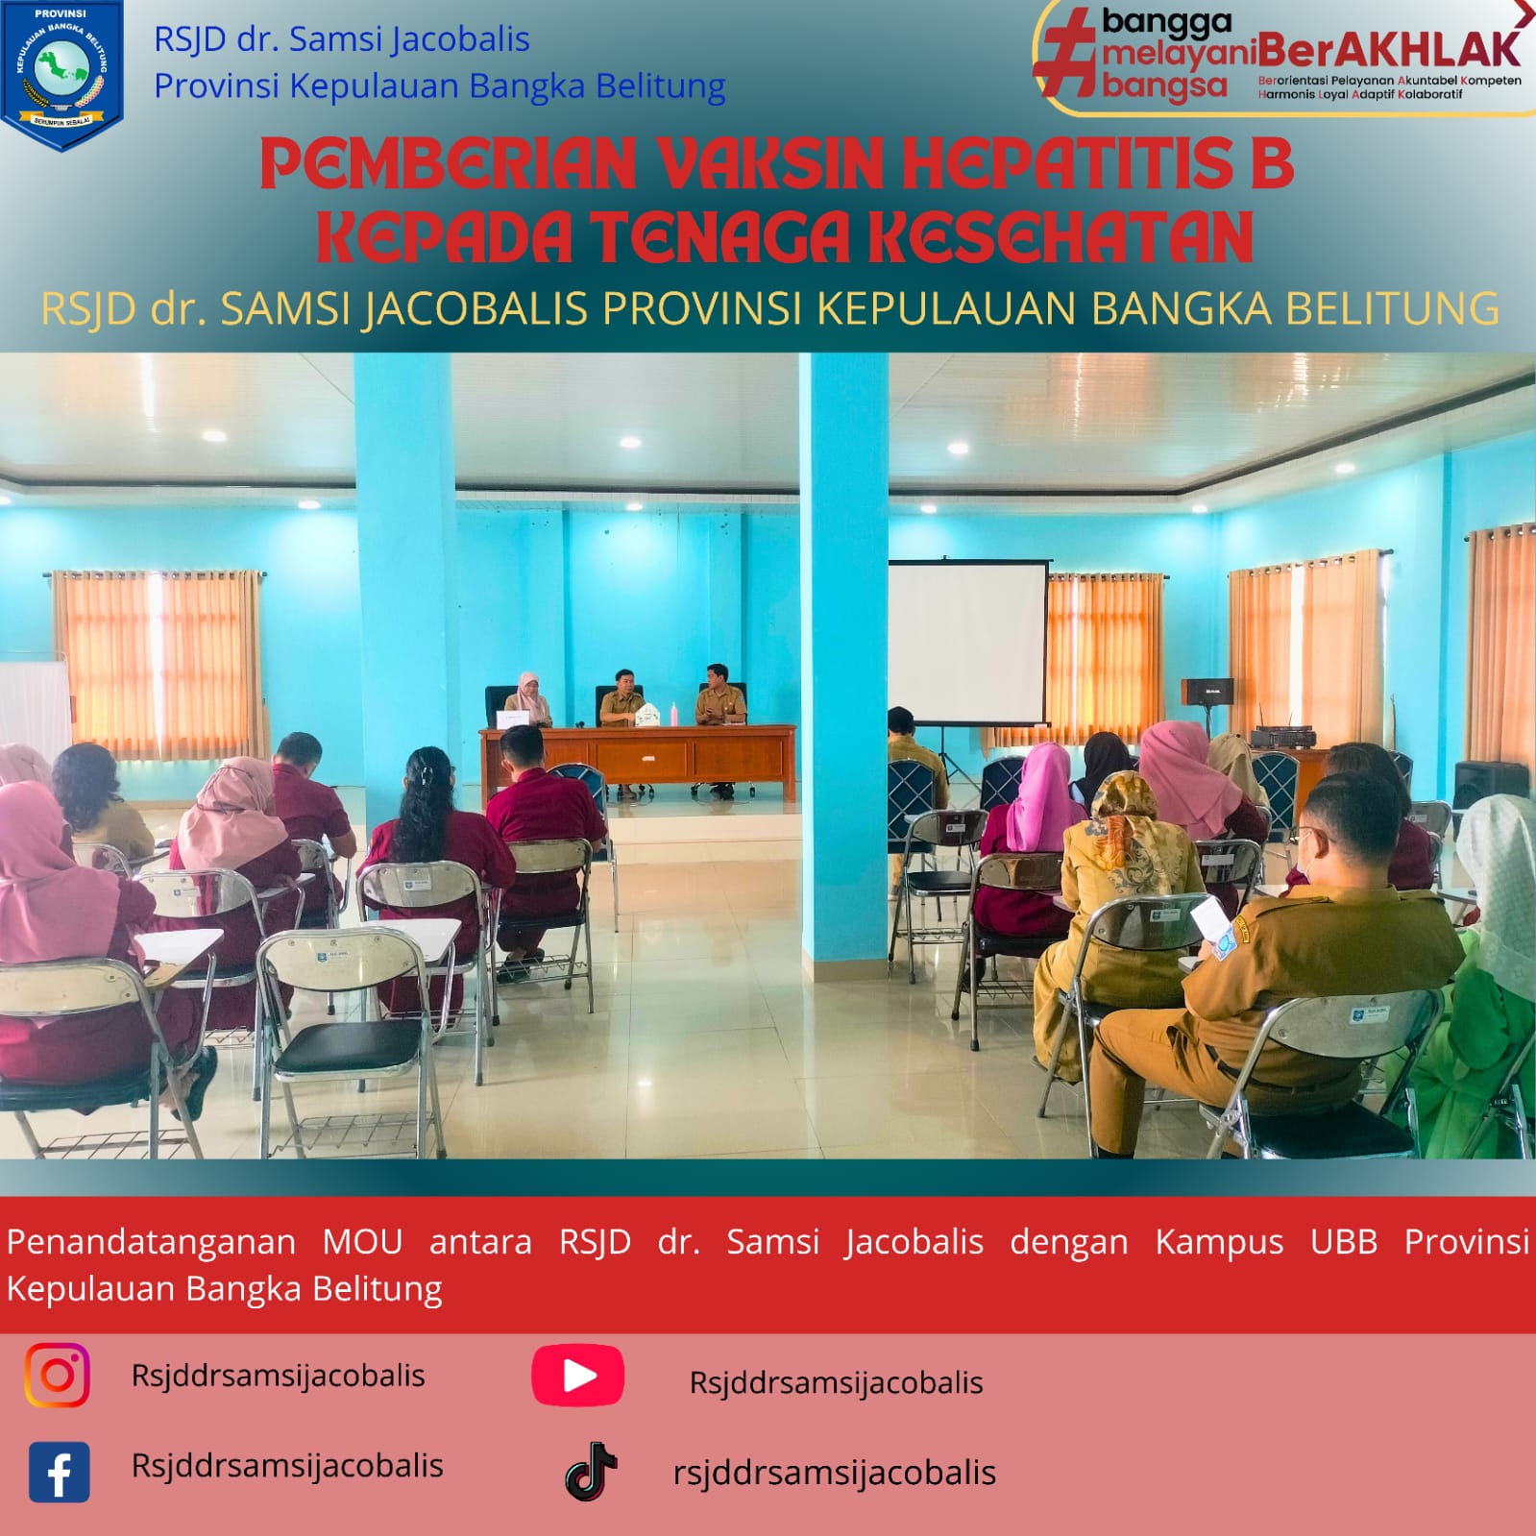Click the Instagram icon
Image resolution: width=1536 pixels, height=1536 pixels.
(x=58, y=1375)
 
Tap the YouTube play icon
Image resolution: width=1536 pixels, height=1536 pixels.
(x=577, y=1376)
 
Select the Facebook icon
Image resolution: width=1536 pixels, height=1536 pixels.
(x=59, y=1472)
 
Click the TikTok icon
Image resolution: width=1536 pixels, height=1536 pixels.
(x=591, y=1472)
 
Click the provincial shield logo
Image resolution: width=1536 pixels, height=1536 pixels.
(x=62, y=75)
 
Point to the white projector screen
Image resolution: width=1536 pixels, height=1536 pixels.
(x=967, y=642)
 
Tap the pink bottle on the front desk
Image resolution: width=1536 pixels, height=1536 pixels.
(x=674, y=715)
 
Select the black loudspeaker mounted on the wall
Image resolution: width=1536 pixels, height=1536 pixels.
(x=1206, y=691)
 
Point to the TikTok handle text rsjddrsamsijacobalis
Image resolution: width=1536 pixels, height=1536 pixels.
(x=834, y=1473)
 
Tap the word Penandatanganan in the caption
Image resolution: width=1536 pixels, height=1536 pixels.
(x=151, y=1242)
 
